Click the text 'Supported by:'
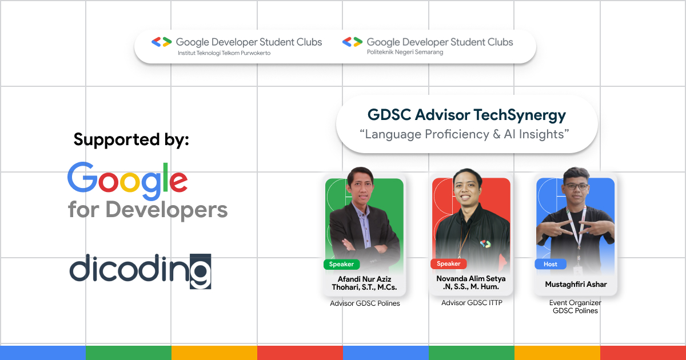click(131, 139)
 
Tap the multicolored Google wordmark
click(127, 178)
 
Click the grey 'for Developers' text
click(147, 210)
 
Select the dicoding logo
click(141, 270)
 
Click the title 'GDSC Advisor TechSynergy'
click(466, 115)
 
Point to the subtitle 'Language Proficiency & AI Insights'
click(466, 135)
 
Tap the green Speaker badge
click(342, 264)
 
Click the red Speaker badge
click(448, 263)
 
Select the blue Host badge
click(551, 264)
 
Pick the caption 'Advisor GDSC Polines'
click(365, 303)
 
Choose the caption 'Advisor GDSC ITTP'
click(472, 302)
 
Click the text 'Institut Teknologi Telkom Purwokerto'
click(224, 53)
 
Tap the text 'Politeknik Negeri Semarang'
click(405, 53)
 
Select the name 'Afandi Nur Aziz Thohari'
click(364, 282)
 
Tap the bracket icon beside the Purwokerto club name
click(161, 42)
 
